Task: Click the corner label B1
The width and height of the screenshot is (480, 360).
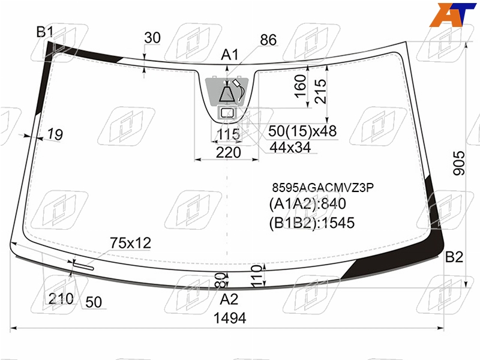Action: click(x=44, y=32)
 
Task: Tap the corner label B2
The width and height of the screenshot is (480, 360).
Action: click(x=454, y=257)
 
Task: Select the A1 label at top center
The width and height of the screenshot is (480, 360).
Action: click(x=230, y=55)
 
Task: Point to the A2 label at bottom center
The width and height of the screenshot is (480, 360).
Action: click(x=229, y=299)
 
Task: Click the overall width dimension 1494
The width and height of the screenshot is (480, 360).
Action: click(x=230, y=318)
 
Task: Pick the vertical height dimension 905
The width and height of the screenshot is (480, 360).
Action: click(x=459, y=163)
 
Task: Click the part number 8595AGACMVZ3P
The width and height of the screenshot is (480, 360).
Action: click(x=323, y=187)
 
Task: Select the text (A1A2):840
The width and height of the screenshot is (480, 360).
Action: click(x=307, y=203)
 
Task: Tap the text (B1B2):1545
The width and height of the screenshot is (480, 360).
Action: click(x=311, y=223)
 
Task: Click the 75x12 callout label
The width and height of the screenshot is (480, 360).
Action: click(x=130, y=243)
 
